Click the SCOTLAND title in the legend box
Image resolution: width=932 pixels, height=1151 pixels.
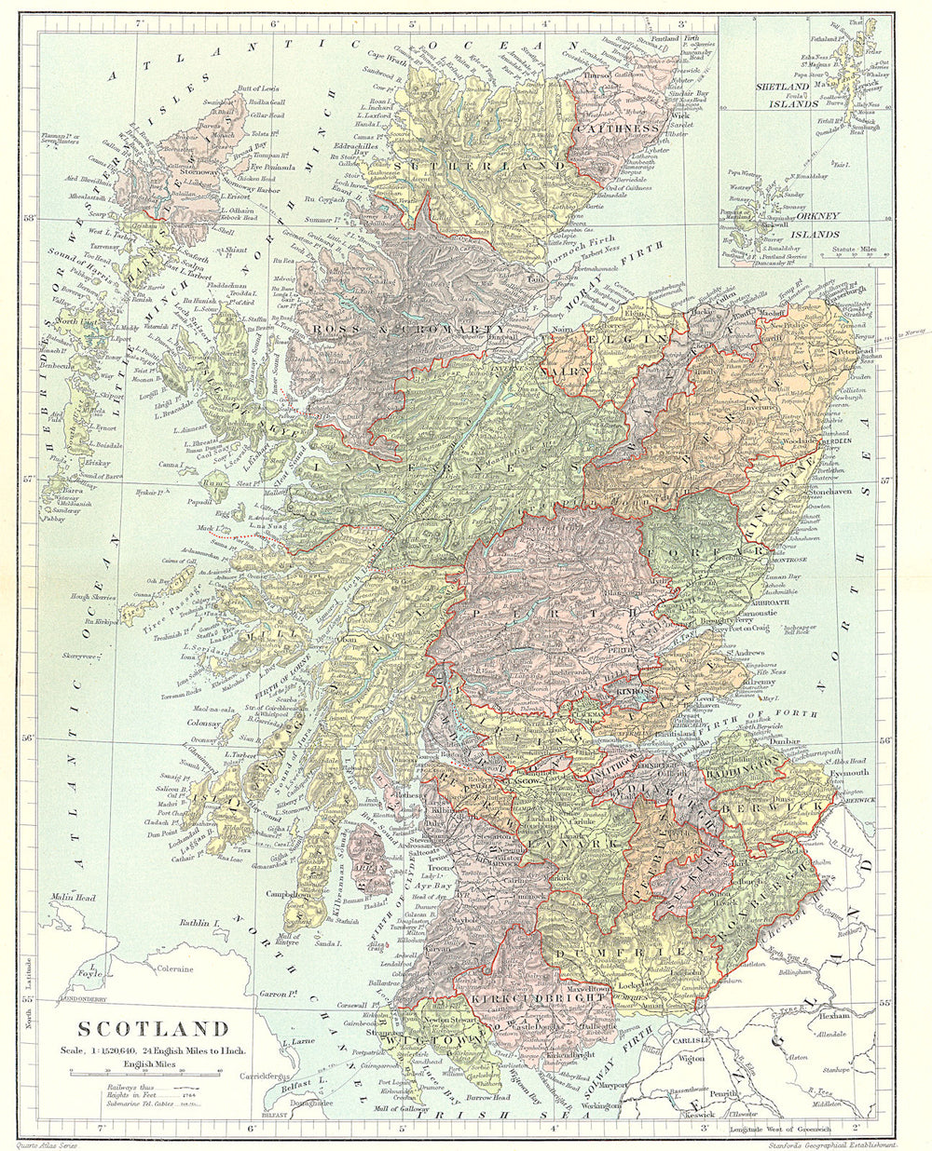click(153, 1029)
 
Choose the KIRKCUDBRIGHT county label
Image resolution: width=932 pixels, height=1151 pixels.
click(529, 999)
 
